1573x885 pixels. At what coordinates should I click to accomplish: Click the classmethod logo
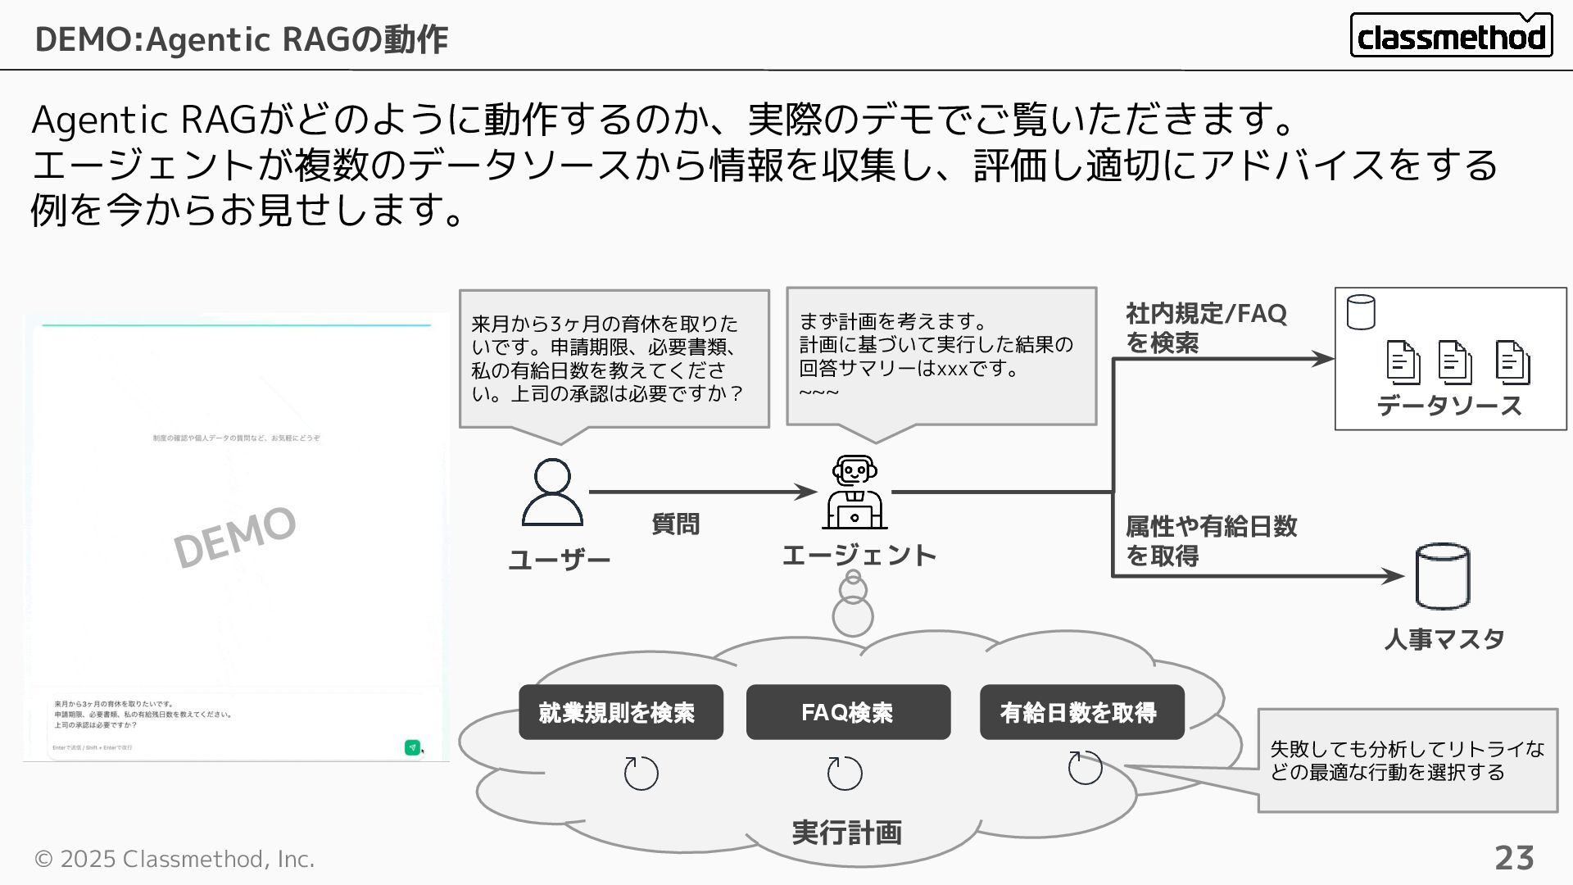coord(1451,35)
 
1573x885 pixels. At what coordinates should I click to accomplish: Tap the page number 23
coord(1514,858)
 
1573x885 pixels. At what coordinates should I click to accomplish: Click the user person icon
coord(552,492)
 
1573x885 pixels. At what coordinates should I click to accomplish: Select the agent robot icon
coord(854,492)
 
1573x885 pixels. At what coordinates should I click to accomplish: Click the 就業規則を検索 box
coord(621,712)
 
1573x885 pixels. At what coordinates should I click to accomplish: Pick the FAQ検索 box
coord(848,712)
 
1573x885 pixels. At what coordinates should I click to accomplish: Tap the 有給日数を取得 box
coord(1081,712)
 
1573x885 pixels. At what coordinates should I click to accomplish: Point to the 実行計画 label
coord(846,833)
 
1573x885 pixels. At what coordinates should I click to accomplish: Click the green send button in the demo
coord(412,747)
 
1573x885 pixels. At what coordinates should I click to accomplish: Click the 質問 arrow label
coord(675,524)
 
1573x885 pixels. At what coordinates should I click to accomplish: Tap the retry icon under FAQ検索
coord(845,773)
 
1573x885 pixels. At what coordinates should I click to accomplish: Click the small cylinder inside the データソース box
coord(1361,312)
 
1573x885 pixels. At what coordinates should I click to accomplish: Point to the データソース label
coord(1449,406)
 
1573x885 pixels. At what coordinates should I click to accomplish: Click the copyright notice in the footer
coord(175,859)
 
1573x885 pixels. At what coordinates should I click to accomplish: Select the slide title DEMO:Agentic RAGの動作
coord(242,39)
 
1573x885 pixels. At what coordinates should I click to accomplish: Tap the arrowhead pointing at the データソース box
coord(1322,358)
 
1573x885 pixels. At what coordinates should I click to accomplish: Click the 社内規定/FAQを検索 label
coord(1206,328)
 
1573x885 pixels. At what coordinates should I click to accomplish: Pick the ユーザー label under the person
coord(560,560)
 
